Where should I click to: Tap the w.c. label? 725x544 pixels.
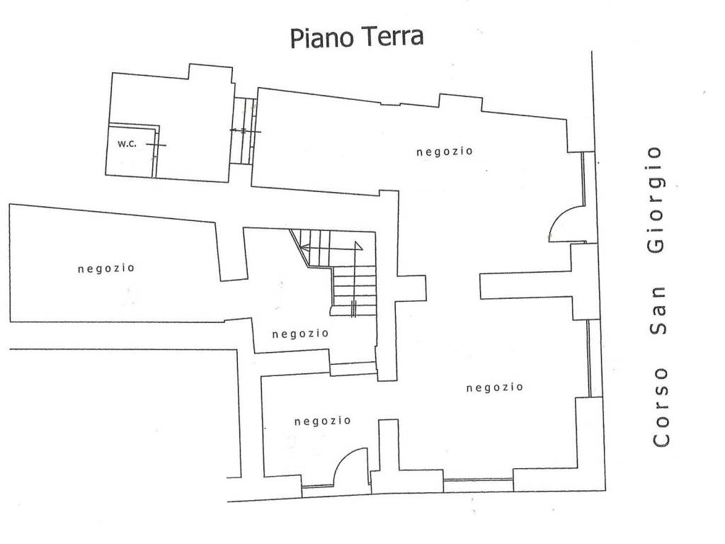coord(127,144)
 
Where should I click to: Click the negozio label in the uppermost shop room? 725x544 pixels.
coord(444,151)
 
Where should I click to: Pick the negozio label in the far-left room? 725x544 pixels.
coord(106,268)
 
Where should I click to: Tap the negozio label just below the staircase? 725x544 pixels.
coord(299,334)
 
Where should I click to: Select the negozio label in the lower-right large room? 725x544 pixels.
coord(495,387)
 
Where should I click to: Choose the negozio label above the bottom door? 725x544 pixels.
coord(322,421)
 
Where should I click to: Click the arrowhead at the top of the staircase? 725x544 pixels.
coord(304,246)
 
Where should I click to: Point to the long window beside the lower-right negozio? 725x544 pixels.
coord(589,358)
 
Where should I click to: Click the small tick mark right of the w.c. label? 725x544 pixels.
coord(158,144)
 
